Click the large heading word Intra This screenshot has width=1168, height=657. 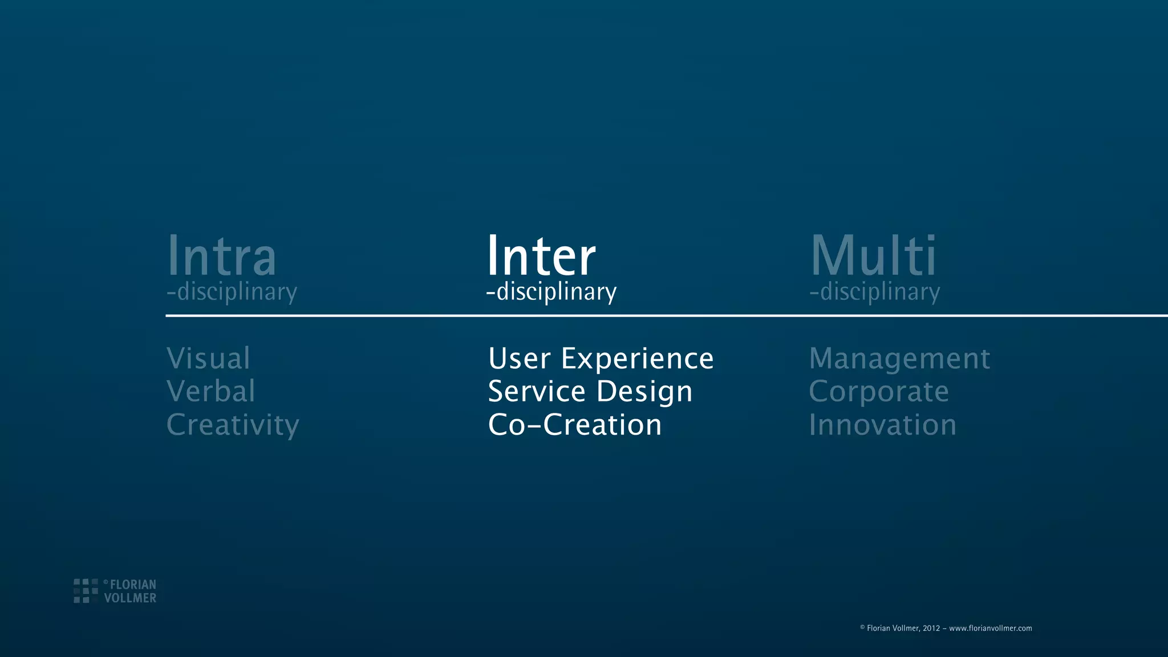point(221,256)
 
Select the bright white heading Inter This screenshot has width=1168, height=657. point(541,256)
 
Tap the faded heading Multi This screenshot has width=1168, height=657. point(873,256)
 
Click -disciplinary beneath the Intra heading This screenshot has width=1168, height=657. point(232,292)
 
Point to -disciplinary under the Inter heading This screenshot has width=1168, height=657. point(551,292)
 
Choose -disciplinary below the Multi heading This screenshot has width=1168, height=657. point(874,292)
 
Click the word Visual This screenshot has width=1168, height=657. point(208,359)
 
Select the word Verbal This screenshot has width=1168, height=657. point(210,391)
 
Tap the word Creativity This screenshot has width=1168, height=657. point(233,425)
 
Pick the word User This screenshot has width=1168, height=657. point(519,359)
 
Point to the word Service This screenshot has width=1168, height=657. point(537,392)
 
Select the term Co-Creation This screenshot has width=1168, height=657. point(575,425)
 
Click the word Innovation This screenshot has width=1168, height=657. point(882,425)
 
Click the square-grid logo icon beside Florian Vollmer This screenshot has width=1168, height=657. point(86,591)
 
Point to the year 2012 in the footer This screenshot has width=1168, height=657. point(931,628)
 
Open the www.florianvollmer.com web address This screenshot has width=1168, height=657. point(990,628)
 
